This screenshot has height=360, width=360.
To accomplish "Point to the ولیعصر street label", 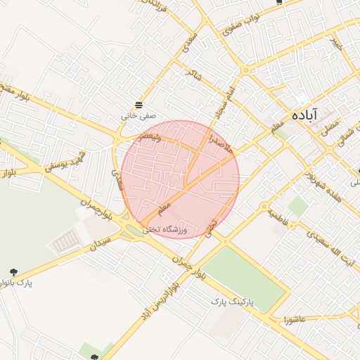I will click(149, 138).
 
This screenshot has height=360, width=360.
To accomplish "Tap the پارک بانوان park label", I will click(16, 283).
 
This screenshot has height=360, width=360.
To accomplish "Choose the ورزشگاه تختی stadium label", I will click(167, 229).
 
